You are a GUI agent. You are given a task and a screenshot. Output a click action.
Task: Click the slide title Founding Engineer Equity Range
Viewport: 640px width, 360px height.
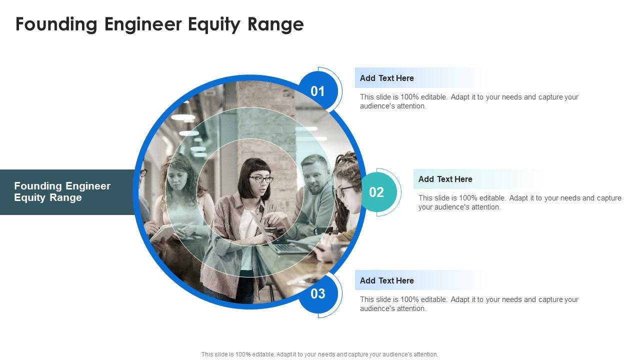coord(159,24)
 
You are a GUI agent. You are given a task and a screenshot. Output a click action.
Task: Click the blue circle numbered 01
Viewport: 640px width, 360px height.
coord(318,91)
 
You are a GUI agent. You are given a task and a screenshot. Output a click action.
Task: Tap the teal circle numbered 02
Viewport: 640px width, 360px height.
coord(376,192)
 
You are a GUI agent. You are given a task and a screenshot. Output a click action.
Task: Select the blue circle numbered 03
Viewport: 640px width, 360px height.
coord(318,294)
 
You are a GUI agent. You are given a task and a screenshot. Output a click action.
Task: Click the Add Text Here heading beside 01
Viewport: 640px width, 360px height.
coord(386,78)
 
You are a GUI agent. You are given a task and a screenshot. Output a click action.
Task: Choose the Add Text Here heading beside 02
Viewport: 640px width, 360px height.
coord(445,179)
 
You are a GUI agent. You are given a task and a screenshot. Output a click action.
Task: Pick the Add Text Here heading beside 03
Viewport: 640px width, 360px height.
coord(386,280)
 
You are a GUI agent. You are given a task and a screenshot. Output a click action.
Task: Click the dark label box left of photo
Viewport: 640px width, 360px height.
coord(67,192)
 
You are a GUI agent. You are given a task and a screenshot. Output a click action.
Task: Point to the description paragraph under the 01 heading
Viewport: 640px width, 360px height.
coord(468,101)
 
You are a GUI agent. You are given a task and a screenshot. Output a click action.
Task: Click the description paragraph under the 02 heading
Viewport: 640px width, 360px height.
coord(519,202)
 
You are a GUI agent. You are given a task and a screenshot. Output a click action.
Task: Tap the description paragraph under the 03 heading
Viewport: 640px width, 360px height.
coord(468,304)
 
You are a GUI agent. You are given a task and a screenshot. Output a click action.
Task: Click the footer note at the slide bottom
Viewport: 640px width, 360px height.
coord(319,354)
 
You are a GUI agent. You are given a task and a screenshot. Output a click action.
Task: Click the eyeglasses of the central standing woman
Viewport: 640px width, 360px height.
coord(261,179)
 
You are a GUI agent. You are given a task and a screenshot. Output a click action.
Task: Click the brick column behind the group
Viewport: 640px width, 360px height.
coord(265,120)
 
